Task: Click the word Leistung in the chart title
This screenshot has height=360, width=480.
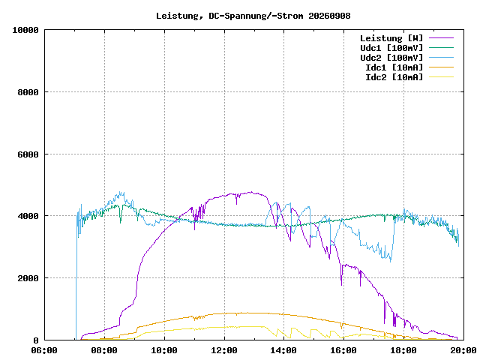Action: [x=177, y=16]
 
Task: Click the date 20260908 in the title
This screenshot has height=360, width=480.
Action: [x=329, y=16]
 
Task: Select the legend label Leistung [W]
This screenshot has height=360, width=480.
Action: [x=391, y=38]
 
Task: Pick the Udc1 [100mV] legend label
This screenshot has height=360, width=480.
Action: [x=391, y=48]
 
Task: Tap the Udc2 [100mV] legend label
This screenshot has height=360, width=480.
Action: [x=391, y=58]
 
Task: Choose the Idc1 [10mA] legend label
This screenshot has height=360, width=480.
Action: [x=394, y=67]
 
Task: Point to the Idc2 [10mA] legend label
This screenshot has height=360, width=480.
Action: [x=394, y=77]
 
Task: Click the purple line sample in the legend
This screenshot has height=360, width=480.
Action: [x=441, y=38]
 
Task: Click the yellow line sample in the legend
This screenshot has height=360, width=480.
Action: [x=441, y=76]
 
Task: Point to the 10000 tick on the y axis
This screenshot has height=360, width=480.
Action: [x=25, y=30]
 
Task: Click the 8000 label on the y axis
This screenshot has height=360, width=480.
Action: [x=28, y=92]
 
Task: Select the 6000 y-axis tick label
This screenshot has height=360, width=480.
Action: [x=28, y=154]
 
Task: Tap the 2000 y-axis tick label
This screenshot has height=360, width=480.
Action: [x=28, y=278]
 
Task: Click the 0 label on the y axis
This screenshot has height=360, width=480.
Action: [x=36, y=340]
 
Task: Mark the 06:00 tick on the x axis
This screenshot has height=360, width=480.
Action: [x=44, y=350]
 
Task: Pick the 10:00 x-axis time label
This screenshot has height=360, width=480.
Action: [x=164, y=350]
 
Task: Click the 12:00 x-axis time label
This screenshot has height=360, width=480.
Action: [x=224, y=350]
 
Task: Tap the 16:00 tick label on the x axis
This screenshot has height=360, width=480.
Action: [x=343, y=350]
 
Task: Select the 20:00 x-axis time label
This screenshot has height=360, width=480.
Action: [x=463, y=350]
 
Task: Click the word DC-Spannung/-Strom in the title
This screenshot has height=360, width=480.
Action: [x=256, y=16]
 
